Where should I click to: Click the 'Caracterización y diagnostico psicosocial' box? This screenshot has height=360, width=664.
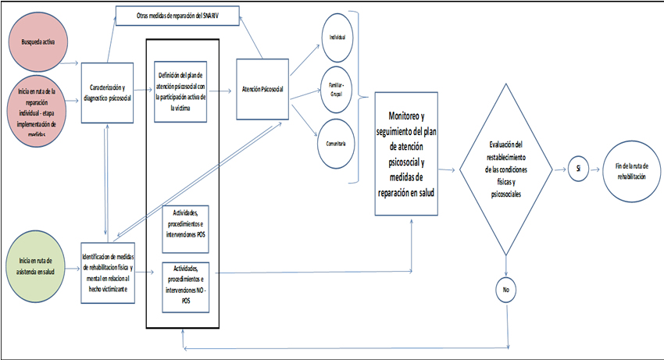tap(109, 91)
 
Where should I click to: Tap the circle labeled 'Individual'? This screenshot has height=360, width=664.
tap(337, 37)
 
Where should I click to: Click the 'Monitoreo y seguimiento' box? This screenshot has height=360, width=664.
tap(406, 151)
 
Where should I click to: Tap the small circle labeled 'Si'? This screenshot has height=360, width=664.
tap(577, 169)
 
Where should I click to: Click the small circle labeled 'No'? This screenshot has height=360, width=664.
tap(505, 290)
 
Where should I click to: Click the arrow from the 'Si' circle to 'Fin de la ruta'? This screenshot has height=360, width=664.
tap(595, 169)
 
